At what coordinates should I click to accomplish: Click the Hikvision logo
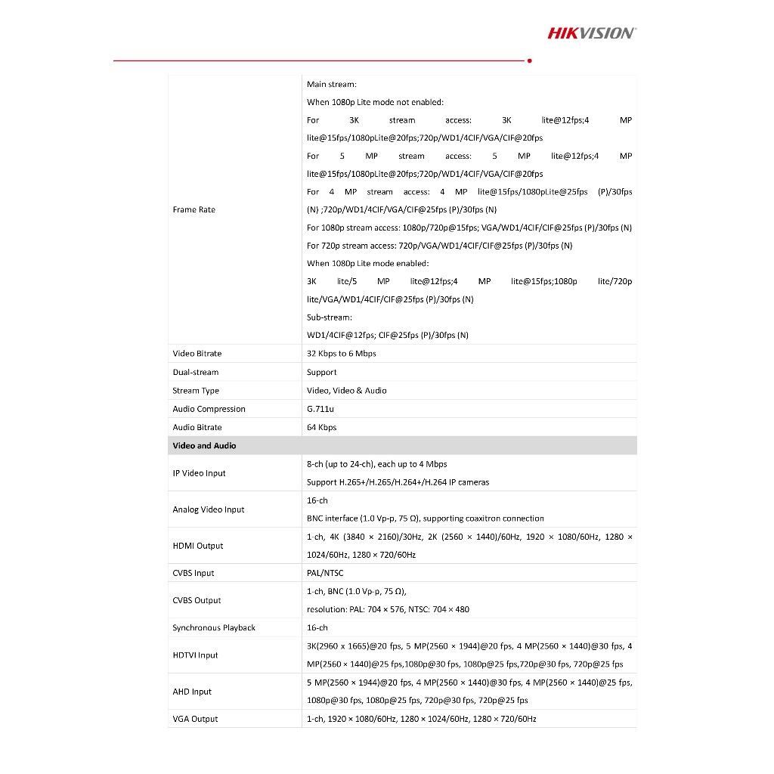pos(591,33)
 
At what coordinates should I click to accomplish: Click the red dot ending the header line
pos(529,60)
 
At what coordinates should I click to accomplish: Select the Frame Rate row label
pos(193,209)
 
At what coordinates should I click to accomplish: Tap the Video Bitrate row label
pos(197,354)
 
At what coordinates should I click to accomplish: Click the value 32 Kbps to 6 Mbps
pos(341,354)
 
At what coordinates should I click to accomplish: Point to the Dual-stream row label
pos(195,372)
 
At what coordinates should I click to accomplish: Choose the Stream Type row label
pos(196,391)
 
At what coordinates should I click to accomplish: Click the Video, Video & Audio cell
pos(346,391)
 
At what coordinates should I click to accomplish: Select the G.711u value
pos(320,409)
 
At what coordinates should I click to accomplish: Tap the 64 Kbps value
pos(322,427)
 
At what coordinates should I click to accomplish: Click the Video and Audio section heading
pos(204,446)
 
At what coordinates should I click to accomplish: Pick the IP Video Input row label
pos(199,473)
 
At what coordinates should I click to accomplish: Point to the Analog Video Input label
pos(209,509)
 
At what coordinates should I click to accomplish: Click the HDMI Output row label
pos(197,546)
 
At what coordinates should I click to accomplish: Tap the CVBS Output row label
pos(197,600)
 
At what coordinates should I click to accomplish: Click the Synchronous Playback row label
pos(214,628)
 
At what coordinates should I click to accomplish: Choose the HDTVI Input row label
pos(195,655)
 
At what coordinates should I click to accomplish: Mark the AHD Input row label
pos(192,692)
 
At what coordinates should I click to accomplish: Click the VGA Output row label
pos(195,719)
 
